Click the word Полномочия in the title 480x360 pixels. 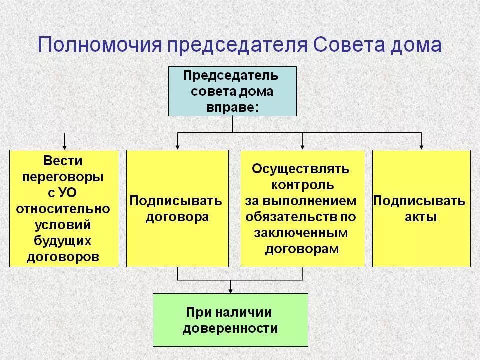pyautogui.click(x=100, y=45)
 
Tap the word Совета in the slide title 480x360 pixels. pyautogui.click(x=348, y=45)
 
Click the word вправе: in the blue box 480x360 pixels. pyautogui.click(x=232, y=108)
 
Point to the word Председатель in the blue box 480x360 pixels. pyautogui.click(x=231, y=75)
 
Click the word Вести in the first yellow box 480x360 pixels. pyautogui.click(x=63, y=161)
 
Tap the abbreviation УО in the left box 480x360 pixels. pyautogui.click(x=67, y=193)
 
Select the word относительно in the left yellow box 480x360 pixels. pyautogui.click(x=63, y=209)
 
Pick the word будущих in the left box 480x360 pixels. pyautogui.click(x=63, y=241)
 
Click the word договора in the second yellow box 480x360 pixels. pyautogui.click(x=177, y=217)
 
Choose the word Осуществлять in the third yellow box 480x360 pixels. pyautogui.click(x=300, y=169)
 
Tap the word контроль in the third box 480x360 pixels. pyautogui.click(x=302, y=185)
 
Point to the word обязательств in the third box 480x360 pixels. pyautogui.click(x=291, y=217)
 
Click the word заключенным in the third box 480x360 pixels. pyautogui.click(x=301, y=233)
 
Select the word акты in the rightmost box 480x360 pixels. pyautogui.click(x=421, y=217)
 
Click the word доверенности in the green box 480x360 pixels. pyautogui.click(x=230, y=329)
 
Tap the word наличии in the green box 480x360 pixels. pyautogui.click(x=243, y=313)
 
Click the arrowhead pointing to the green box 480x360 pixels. pyautogui.click(x=230, y=291)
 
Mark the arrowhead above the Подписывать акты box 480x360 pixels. pyautogui.click(x=421, y=147)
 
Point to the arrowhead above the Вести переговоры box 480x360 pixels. pyautogui.click(x=64, y=147)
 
